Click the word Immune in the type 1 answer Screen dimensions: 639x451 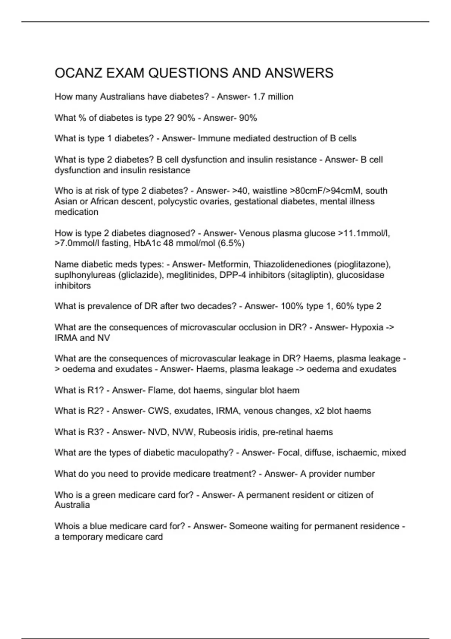click(x=214, y=139)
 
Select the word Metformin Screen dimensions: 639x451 click(x=229, y=265)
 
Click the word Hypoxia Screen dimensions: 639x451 click(x=366, y=327)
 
